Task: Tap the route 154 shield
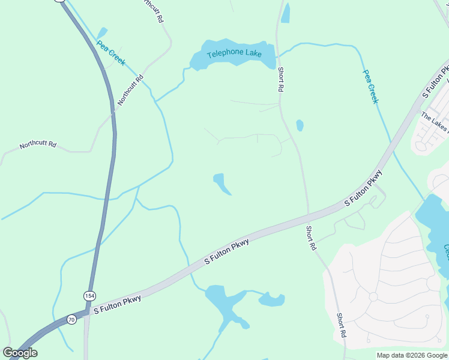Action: (89, 296)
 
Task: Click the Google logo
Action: (20, 353)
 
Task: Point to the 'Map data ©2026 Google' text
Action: (412, 355)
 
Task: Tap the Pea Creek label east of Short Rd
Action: (370, 86)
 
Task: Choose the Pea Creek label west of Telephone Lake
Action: (111, 53)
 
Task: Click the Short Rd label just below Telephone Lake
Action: (280, 79)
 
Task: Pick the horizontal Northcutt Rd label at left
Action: (38, 145)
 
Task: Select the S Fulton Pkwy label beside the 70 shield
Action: (116, 304)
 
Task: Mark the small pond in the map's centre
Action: (221, 184)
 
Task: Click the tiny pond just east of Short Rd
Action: (300, 125)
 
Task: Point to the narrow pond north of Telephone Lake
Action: (286, 13)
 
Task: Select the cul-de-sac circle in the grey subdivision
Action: (373, 296)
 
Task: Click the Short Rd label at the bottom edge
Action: (341, 325)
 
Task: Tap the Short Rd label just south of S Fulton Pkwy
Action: (310, 238)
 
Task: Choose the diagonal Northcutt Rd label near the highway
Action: (131, 90)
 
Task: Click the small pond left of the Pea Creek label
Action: (102, 32)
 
